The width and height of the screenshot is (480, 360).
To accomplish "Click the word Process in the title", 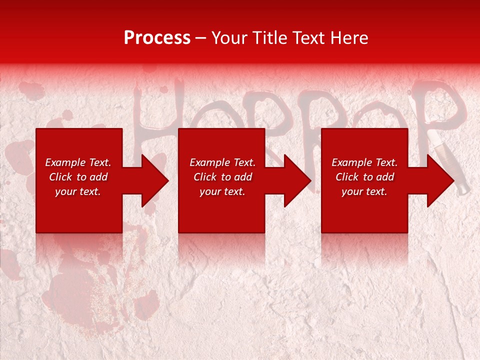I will (x=157, y=38).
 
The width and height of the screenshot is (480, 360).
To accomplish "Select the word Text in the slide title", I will (x=308, y=38).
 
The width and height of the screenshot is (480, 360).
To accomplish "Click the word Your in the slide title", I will (x=230, y=38).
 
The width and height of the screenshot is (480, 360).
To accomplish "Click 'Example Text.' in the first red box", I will (x=78, y=162).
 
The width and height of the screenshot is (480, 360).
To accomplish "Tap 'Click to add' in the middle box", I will (x=222, y=177).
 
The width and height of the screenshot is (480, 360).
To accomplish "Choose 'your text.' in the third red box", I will (x=364, y=191).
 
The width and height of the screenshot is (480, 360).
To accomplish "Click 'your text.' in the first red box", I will (x=78, y=191).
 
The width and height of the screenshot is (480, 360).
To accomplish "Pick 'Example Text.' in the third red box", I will (x=364, y=162).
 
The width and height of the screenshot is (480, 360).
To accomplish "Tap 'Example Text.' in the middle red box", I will (x=222, y=162).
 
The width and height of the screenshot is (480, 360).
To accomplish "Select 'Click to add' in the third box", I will (x=364, y=177).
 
